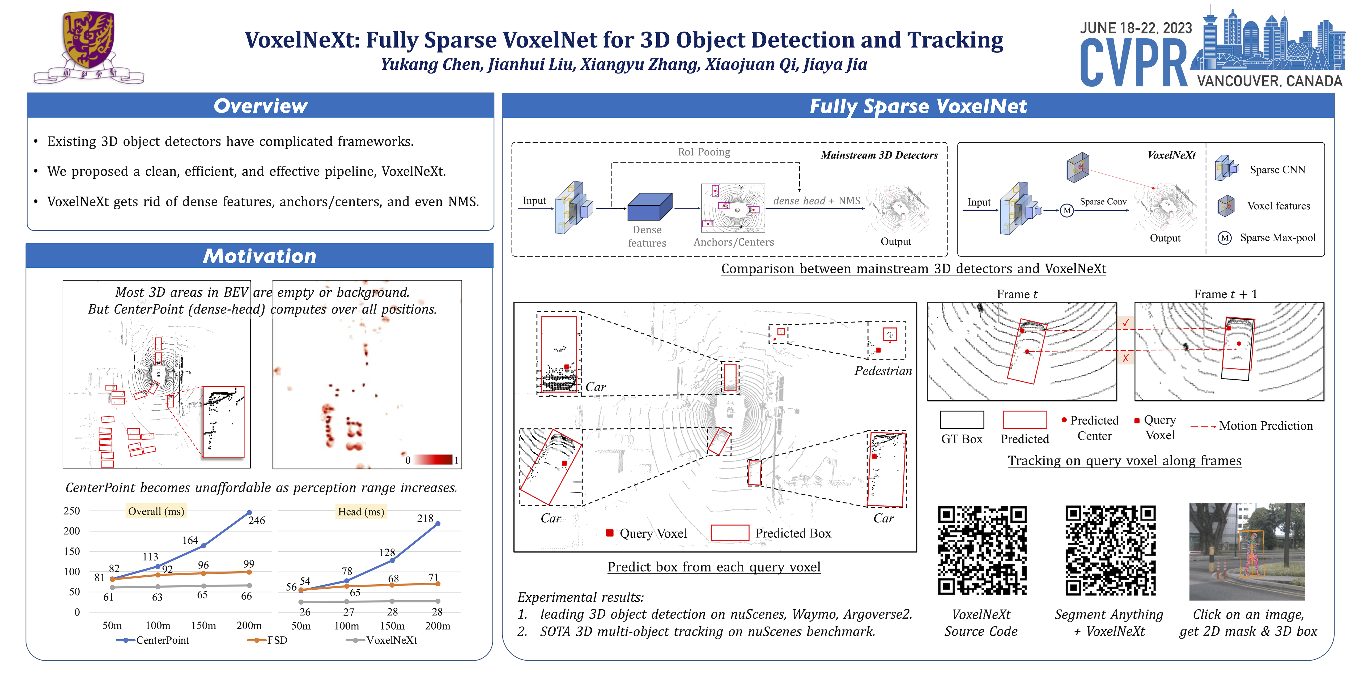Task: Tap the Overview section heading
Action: point(260,106)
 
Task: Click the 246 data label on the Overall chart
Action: point(257,520)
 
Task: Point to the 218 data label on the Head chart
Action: point(425,518)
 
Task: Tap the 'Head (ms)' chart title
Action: point(361,512)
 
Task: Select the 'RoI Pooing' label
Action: point(704,152)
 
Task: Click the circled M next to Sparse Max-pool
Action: point(1225,238)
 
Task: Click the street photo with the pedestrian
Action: point(1247,552)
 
